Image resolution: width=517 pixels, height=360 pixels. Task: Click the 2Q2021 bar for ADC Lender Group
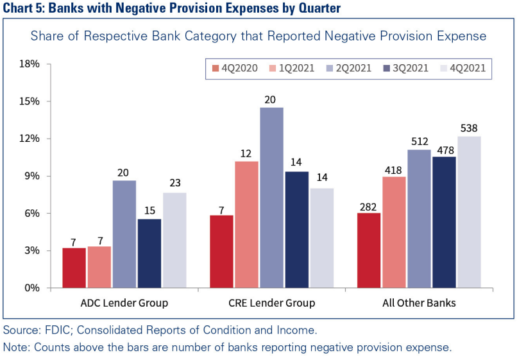(124, 234)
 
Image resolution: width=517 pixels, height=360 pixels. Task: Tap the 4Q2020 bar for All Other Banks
(369, 250)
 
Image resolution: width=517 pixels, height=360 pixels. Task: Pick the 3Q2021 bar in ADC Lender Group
(149, 253)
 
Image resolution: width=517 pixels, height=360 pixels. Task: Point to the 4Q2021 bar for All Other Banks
(469, 212)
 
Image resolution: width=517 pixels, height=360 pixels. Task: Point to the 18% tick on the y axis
(30, 64)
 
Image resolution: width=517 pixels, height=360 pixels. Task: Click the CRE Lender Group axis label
(271, 303)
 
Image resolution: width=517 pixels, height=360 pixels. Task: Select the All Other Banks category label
(419, 303)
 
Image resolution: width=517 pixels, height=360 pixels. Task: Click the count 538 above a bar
(469, 128)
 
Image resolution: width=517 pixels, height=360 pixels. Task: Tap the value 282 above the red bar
(369, 205)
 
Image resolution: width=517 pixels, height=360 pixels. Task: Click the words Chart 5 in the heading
(24, 8)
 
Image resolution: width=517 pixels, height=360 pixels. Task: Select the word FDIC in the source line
(52, 331)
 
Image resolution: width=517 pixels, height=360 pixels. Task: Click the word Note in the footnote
(15, 348)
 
